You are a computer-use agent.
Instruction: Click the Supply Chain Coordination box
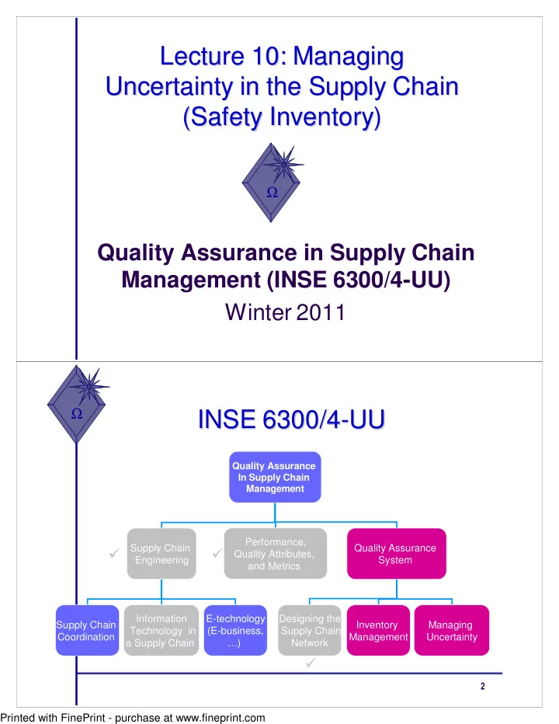87,630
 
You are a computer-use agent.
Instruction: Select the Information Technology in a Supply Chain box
161,630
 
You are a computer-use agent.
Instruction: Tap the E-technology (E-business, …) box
235,630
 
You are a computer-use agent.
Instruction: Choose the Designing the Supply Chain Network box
309,630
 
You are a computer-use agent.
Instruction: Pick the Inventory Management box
378,630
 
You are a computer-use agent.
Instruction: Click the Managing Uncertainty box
451,630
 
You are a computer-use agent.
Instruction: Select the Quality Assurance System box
397,554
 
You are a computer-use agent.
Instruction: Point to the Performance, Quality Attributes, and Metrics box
276,554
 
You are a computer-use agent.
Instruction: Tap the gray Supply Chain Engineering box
161,554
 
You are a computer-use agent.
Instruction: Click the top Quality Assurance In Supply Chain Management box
275,477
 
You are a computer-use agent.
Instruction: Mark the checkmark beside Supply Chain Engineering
114,552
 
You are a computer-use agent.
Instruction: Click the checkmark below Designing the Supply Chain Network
311,663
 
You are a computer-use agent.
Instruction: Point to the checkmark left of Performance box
217,552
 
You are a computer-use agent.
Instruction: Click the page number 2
483,686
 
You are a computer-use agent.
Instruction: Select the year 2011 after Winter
321,312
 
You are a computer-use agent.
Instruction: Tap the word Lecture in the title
202,57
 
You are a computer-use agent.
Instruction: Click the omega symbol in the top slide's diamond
273,192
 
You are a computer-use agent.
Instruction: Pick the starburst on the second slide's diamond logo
89,385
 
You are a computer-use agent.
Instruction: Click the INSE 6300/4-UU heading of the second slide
291,419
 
